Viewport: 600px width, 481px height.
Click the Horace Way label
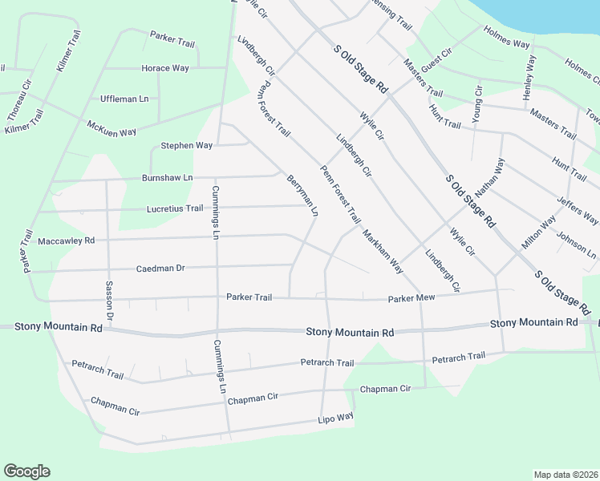[165, 68]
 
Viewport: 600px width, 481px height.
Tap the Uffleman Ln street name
[124, 99]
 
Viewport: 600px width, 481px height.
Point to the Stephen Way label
[187, 146]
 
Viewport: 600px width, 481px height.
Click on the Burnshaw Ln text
[168, 177]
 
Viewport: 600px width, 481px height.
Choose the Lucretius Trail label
[175, 208]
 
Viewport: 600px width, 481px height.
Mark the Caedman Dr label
[160, 269]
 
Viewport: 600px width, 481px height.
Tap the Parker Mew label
[411, 298]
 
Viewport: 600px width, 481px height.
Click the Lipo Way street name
[335, 418]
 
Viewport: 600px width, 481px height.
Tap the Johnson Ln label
[576, 246]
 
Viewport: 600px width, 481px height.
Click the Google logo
[26, 471]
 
